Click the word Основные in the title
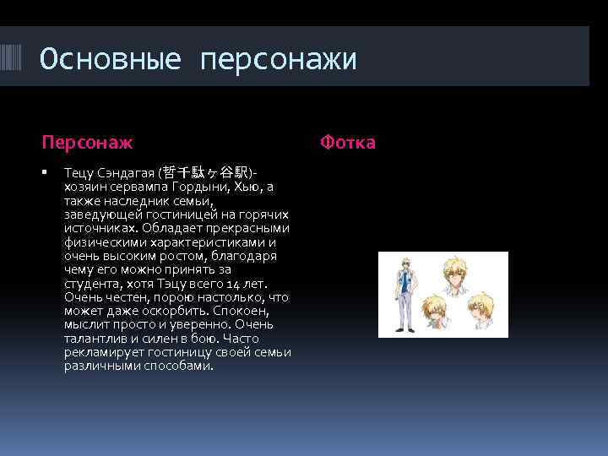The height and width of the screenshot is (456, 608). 110,59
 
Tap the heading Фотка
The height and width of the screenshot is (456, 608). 347,142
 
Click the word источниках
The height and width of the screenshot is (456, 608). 100,228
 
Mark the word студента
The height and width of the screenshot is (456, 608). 91,283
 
